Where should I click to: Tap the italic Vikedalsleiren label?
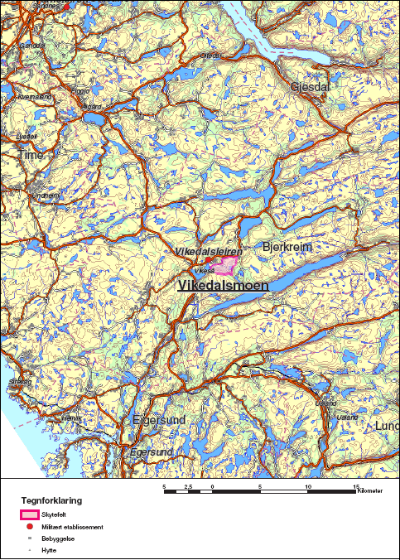tap(209, 251)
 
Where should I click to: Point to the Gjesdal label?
tap(310, 86)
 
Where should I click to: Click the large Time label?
tap(31, 155)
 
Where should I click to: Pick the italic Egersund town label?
tap(151, 452)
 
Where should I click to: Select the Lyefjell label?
tap(27, 136)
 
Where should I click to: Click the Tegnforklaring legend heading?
tap(51, 501)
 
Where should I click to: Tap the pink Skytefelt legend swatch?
tap(29, 515)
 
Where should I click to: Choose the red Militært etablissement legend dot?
tap(29, 527)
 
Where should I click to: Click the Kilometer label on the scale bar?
tap(371, 491)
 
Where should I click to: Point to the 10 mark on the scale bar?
tap(308, 486)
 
